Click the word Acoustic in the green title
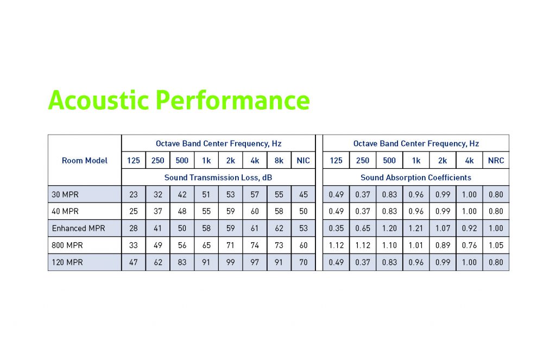coord(98,100)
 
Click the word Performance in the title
coord(232,100)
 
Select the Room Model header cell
coord(84,160)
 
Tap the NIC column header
coord(303,160)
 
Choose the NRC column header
coord(496,160)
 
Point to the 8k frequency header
coord(279,160)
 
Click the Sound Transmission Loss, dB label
coord(218,178)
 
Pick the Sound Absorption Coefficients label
coord(415,178)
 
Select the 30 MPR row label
coord(65,194)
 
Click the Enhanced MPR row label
coord(78,228)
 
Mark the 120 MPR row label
coord(67,262)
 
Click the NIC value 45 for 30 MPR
coord(303,194)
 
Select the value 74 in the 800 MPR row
coord(255,245)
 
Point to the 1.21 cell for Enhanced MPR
coord(416,228)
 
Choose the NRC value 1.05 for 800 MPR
coord(496,245)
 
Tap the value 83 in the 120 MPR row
coord(182,262)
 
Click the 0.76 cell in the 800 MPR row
coord(469,245)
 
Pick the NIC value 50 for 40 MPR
coord(303,211)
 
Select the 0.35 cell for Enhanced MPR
coord(336,228)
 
